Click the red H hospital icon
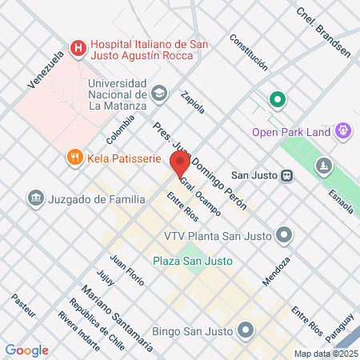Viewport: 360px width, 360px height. pyautogui.click(x=78, y=48)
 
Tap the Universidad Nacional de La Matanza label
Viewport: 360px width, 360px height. pyautogui.click(x=118, y=94)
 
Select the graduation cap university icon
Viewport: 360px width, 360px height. pyautogui.click(x=159, y=94)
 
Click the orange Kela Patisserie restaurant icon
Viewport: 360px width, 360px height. pyautogui.click(x=74, y=158)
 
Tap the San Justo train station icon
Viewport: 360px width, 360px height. pyautogui.click(x=286, y=175)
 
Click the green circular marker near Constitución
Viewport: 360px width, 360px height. pyautogui.click(x=278, y=100)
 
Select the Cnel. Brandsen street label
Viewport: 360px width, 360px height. pyautogui.click(x=323, y=32)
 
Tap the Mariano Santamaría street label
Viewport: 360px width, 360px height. pyautogui.click(x=118, y=316)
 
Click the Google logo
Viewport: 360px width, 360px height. pyautogui.click(x=26, y=350)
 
